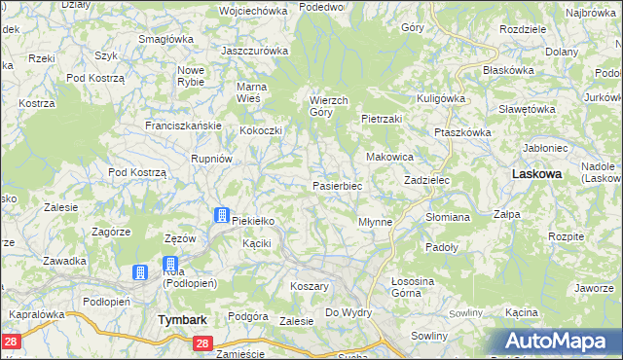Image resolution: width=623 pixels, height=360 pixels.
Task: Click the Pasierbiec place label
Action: click(337, 186)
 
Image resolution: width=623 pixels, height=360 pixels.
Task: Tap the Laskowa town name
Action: click(536, 173)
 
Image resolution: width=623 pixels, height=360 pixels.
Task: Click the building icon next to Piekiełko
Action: click(221, 216)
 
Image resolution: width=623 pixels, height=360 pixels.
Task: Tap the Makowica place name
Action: click(389, 157)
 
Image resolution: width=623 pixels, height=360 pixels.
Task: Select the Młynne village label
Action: click(376, 222)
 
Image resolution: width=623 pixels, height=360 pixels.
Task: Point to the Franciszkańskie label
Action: click(184, 126)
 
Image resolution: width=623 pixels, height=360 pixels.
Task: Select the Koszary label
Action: click(310, 287)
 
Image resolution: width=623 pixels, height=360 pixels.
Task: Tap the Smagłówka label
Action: click(165, 39)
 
